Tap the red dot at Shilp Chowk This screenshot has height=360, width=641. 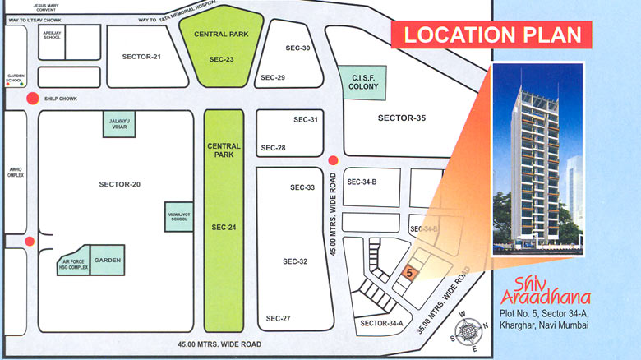click(31, 99)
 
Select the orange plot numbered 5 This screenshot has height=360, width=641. click(409, 272)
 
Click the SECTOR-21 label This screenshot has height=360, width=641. click(141, 56)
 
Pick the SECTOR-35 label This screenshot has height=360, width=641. click(402, 118)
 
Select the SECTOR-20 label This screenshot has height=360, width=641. click(119, 184)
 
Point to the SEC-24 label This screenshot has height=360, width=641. click(224, 227)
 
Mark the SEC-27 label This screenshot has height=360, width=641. click(279, 318)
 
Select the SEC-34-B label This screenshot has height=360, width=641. click(362, 182)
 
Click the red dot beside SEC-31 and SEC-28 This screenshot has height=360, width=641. click(333, 160)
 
